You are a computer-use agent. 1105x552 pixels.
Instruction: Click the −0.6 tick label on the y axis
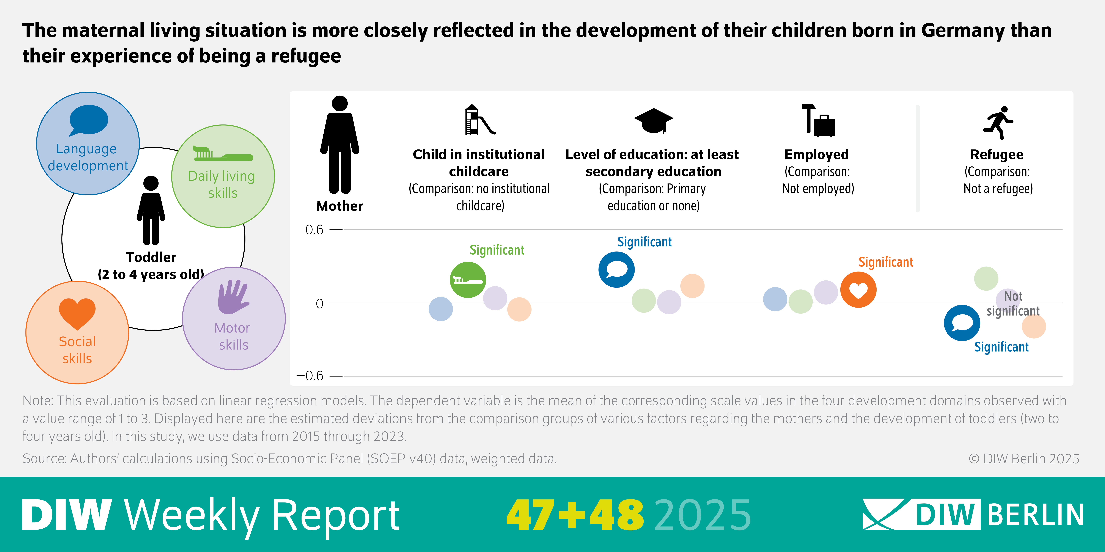[x=310, y=376]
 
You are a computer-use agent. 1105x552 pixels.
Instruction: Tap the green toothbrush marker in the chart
[x=468, y=280]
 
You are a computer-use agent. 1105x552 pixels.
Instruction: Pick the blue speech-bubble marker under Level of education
[x=616, y=270]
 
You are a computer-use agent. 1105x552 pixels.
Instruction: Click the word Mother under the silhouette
[x=340, y=206]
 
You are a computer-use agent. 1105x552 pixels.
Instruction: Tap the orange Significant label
[x=885, y=262]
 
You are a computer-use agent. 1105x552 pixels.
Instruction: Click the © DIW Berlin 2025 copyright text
[x=1023, y=459]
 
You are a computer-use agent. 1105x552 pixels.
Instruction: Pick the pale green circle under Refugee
[x=986, y=279]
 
